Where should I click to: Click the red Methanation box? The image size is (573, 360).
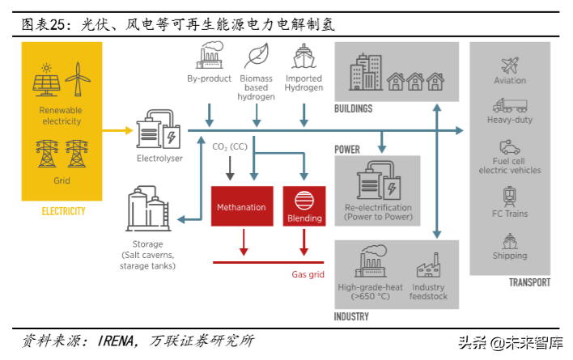[240, 207]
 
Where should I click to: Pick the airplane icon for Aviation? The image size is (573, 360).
[510, 65]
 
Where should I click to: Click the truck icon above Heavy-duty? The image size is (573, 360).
[510, 105]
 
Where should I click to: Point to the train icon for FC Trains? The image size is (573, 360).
[510, 197]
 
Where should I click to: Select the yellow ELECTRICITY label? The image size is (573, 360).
[63, 211]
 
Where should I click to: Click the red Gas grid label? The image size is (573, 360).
[308, 275]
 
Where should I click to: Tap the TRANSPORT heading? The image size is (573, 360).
[529, 282]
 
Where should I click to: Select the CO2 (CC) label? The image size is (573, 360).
[229, 146]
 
